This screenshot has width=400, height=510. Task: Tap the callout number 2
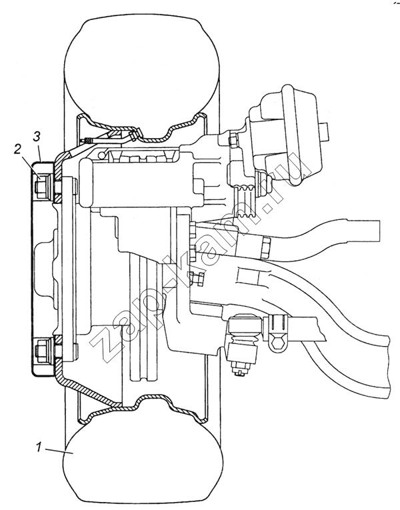[x=18, y=149]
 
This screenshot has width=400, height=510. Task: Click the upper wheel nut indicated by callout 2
[x=41, y=187]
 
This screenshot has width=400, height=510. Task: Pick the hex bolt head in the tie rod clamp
[x=278, y=343]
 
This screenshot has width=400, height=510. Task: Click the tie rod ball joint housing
[x=245, y=325]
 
